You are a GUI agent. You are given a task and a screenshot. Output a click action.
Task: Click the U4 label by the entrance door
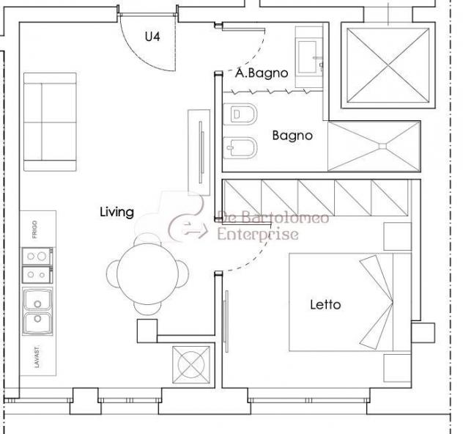152,37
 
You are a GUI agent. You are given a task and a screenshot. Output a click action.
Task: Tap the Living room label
117,213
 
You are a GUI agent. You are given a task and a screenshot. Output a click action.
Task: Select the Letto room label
325,304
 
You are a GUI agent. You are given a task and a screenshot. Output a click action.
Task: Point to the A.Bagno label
262,73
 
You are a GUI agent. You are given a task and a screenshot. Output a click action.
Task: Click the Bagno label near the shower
292,136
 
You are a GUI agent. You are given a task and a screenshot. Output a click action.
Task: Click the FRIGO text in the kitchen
35,229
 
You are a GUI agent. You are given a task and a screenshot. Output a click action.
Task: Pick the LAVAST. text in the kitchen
37,357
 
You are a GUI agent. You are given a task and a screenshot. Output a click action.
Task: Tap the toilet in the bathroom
240,114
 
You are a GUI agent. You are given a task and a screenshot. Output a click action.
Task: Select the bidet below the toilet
240,148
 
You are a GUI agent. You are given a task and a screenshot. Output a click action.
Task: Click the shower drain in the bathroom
382,146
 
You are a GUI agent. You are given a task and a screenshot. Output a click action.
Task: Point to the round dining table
148,274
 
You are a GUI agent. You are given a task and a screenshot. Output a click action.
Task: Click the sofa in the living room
50,122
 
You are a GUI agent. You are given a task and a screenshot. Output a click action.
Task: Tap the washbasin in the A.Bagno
309,57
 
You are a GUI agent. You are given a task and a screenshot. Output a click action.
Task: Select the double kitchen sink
37,312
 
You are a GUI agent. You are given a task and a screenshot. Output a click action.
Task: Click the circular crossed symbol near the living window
191,365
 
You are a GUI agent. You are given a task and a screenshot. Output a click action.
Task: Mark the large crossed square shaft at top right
388,65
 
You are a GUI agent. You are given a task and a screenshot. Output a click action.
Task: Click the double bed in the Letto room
350,302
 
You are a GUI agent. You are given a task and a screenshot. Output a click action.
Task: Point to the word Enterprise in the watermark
258,235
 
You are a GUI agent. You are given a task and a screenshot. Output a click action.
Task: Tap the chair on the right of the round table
183,273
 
